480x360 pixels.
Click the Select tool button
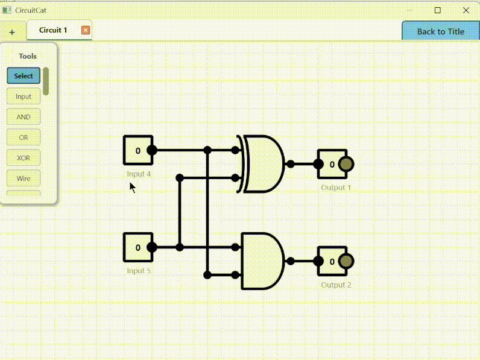tap(24, 76)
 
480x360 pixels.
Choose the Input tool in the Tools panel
tap(24, 96)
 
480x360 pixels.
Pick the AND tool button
tap(24, 117)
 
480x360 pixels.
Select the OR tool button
tap(24, 137)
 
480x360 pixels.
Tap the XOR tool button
tap(24, 158)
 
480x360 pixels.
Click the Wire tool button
tap(24, 178)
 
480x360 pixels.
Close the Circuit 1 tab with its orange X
tap(86, 30)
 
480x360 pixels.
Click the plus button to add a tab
tap(12, 32)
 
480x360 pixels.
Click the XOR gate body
tap(263, 163)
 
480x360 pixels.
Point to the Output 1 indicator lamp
tap(346, 164)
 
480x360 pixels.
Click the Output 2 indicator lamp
tap(346, 261)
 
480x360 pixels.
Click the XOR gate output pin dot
tap(290, 164)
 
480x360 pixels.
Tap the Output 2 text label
tap(336, 285)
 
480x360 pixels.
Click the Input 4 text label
tap(139, 174)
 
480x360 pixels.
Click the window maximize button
tap(438, 10)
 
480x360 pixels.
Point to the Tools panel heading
tap(28, 56)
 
